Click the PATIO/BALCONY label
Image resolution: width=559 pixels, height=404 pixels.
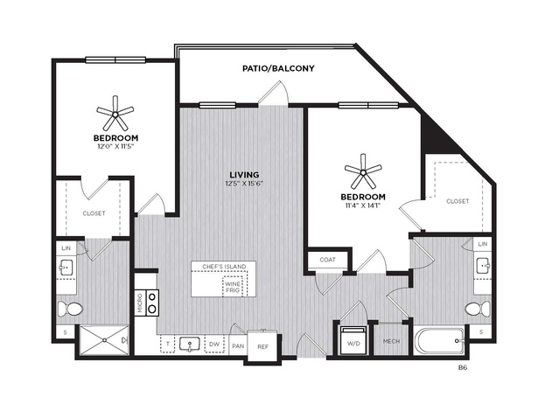click(278, 68)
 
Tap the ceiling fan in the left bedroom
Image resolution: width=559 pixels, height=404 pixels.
click(115, 114)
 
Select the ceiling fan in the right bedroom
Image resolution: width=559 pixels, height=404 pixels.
click(363, 173)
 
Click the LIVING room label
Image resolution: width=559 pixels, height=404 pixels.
click(244, 175)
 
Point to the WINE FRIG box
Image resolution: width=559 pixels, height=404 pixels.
click(233, 287)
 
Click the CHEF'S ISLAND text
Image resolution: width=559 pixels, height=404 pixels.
click(224, 267)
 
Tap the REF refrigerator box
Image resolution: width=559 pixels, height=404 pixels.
click(262, 346)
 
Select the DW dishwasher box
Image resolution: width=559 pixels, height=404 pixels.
click(214, 345)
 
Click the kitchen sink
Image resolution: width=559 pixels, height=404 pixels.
click(190, 345)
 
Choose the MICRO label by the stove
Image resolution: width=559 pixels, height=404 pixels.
click(140, 303)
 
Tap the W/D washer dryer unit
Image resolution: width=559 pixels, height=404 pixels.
click(353, 340)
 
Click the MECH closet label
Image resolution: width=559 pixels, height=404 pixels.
click(391, 341)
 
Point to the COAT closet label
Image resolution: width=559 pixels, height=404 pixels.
click(327, 260)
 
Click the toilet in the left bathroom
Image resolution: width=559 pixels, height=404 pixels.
click(70, 309)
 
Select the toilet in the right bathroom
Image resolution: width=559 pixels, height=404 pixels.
click(478, 309)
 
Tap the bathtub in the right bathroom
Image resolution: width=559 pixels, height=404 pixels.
click(439, 341)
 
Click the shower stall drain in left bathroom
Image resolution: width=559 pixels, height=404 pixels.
click(104, 340)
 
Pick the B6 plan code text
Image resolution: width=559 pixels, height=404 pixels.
click(463, 368)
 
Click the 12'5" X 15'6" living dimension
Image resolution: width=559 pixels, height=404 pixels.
click(244, 184)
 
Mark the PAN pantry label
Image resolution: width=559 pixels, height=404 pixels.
click(238, 346)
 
